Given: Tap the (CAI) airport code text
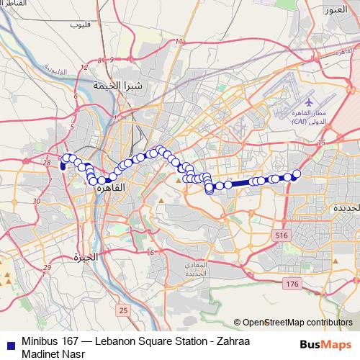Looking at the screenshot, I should (302, 123).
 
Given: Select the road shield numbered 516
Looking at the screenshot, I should (282, 235).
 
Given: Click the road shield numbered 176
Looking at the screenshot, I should (292, 285).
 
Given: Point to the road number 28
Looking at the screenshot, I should (47, 163).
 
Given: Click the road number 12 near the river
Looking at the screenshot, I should (84, 67).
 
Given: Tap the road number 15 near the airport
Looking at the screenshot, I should (321, 142).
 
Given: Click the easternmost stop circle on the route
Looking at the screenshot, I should (296, 174).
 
